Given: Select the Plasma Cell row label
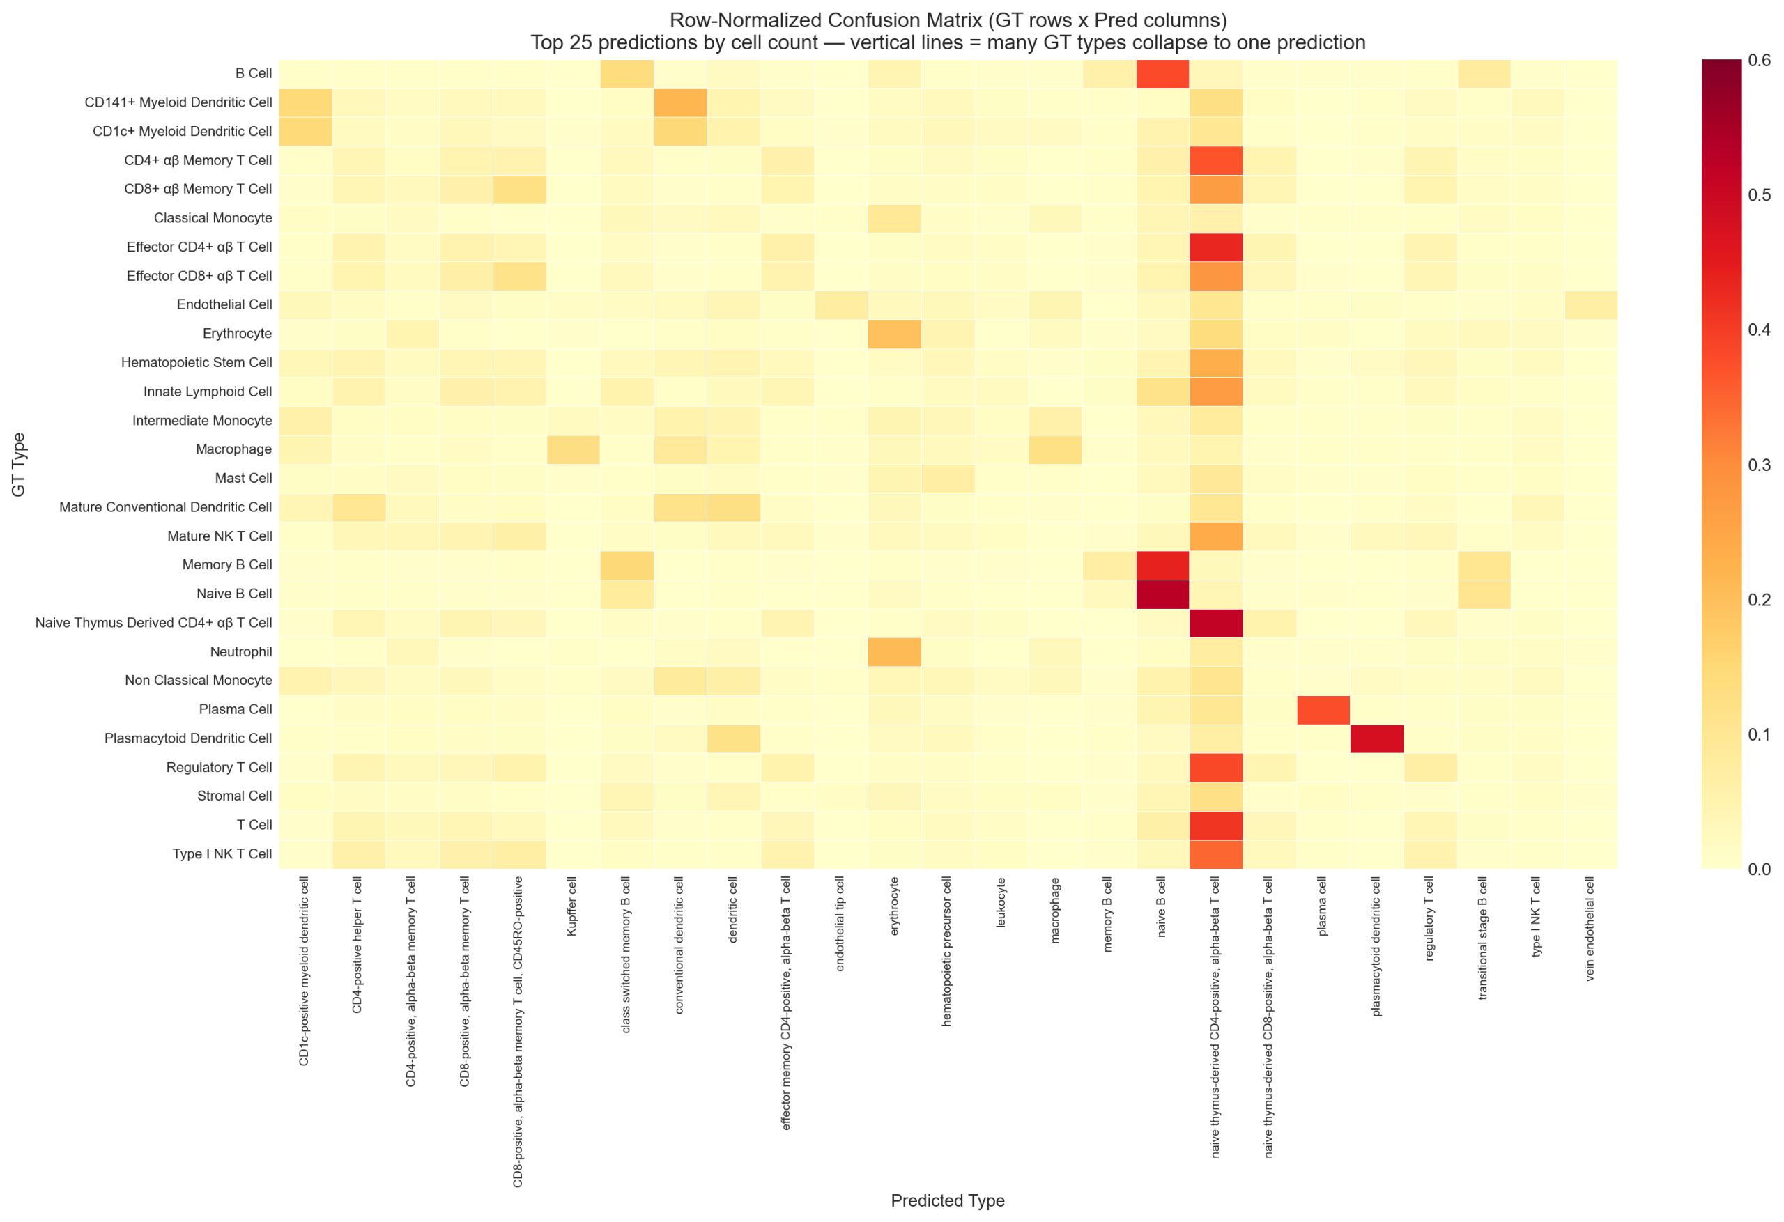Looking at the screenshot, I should [235, 709].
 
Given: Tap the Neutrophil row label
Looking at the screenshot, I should [240, 651].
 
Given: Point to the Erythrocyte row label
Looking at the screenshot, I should [236, 333].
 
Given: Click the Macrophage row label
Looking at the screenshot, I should [233, 449].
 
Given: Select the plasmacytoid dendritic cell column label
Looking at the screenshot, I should [1376, 946].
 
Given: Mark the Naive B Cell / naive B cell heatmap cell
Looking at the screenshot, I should [1162, 594].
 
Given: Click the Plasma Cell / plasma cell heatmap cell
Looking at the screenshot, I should [1323, 709].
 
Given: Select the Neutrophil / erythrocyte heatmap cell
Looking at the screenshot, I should [894, 651].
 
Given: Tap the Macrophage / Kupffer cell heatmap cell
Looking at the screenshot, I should [573, 449].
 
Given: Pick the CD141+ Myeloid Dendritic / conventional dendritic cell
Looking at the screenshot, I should [680, 102].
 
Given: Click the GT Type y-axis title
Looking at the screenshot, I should [18, 465].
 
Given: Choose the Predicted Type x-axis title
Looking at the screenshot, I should [947, 1200].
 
